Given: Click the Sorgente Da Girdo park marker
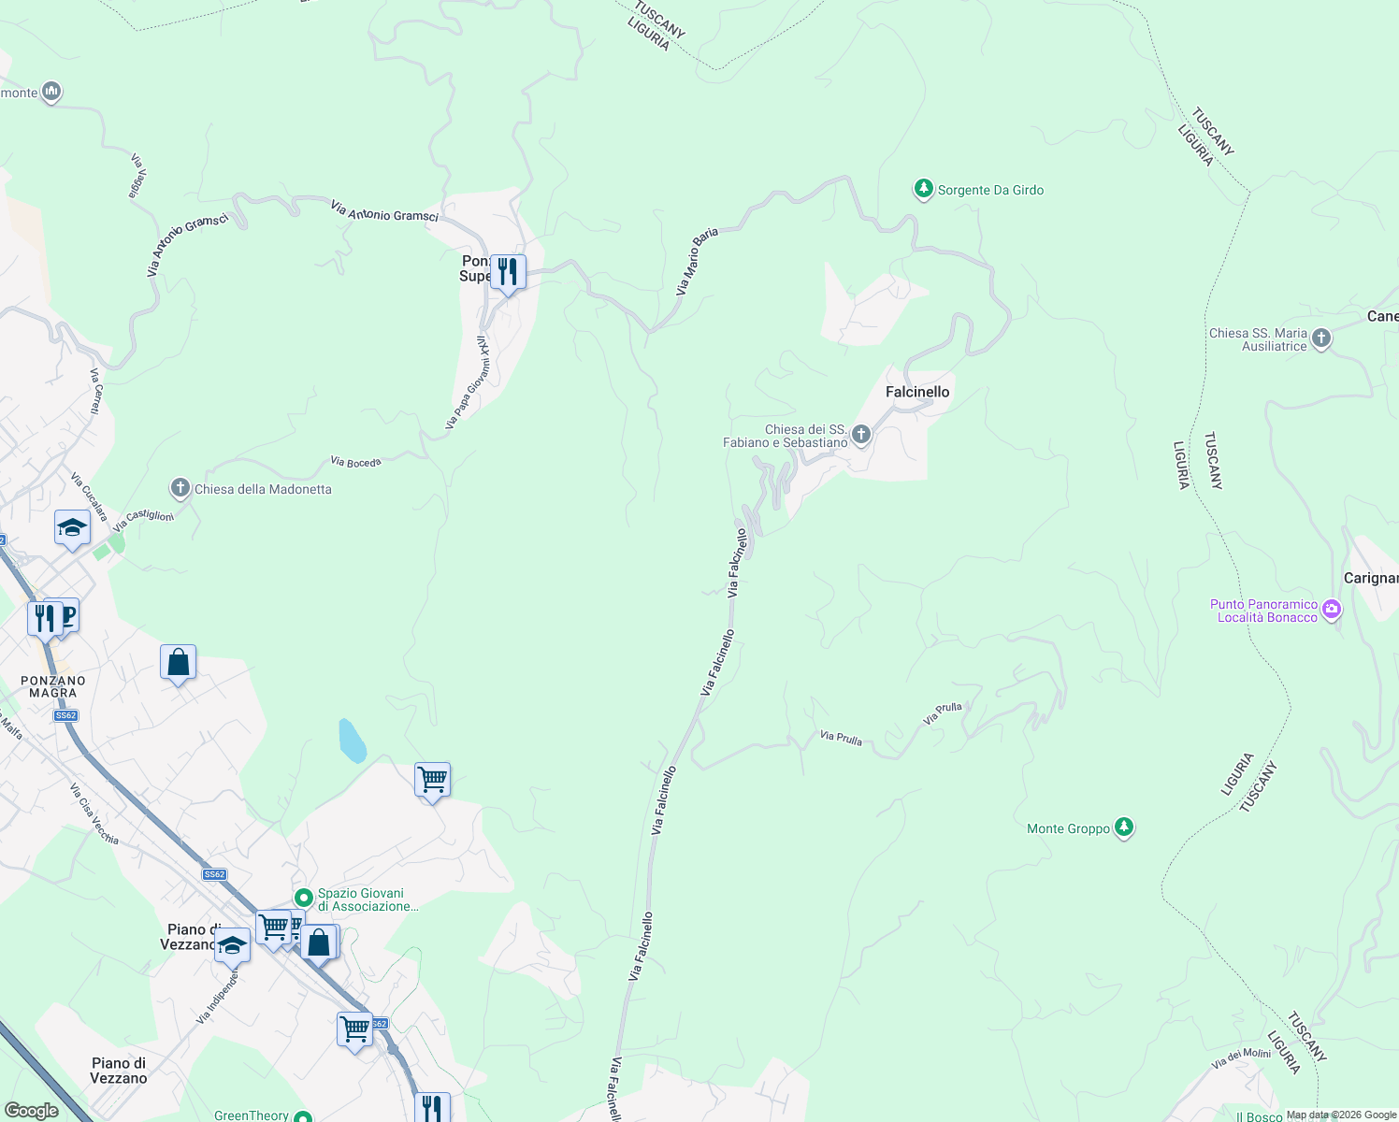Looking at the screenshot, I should point(923,190).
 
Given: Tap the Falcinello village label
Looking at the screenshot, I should point(917,392).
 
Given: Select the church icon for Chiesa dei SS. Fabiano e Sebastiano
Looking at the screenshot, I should point(861,435).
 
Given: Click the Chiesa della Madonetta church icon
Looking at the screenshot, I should point(180,488).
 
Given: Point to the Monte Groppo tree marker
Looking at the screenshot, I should point(1124,827).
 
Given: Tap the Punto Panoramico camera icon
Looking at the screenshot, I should point(1332,611).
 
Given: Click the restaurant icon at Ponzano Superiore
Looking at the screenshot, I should point(508,272).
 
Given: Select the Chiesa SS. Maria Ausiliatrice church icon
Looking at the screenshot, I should point(1320,338).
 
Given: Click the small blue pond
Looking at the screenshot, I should point(353,741).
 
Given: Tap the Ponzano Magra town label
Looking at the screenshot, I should point(53,686).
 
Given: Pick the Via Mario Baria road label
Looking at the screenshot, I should point(697,262).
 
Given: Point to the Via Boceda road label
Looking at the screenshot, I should point(355,462).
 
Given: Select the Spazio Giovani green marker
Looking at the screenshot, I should point(303,898).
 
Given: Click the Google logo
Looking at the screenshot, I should point(31,1111).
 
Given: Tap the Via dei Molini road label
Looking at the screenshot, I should point(1241,1058).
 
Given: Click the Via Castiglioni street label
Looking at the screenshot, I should point(143,520).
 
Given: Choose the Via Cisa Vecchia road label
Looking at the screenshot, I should point(94,813).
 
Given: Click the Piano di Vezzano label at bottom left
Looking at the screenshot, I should point(119,1071).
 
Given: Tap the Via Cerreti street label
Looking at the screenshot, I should point(95,392).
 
